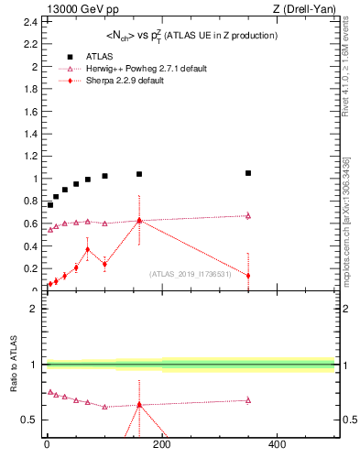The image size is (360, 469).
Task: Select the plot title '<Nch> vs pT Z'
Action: pos(188,36)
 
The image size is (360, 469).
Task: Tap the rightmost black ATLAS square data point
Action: pos(248,173)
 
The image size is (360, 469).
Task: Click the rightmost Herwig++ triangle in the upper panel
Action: pos(248,215)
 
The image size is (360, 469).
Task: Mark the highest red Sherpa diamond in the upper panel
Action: pos(139,220)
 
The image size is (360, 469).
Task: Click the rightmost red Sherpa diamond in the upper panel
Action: pos(248,276)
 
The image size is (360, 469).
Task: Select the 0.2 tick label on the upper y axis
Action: pos(32,268)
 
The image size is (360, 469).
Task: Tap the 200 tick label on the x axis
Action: pos(162,444)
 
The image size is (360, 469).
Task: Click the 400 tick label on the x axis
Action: pos(277,444)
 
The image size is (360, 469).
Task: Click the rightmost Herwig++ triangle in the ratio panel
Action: pos(248,399)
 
